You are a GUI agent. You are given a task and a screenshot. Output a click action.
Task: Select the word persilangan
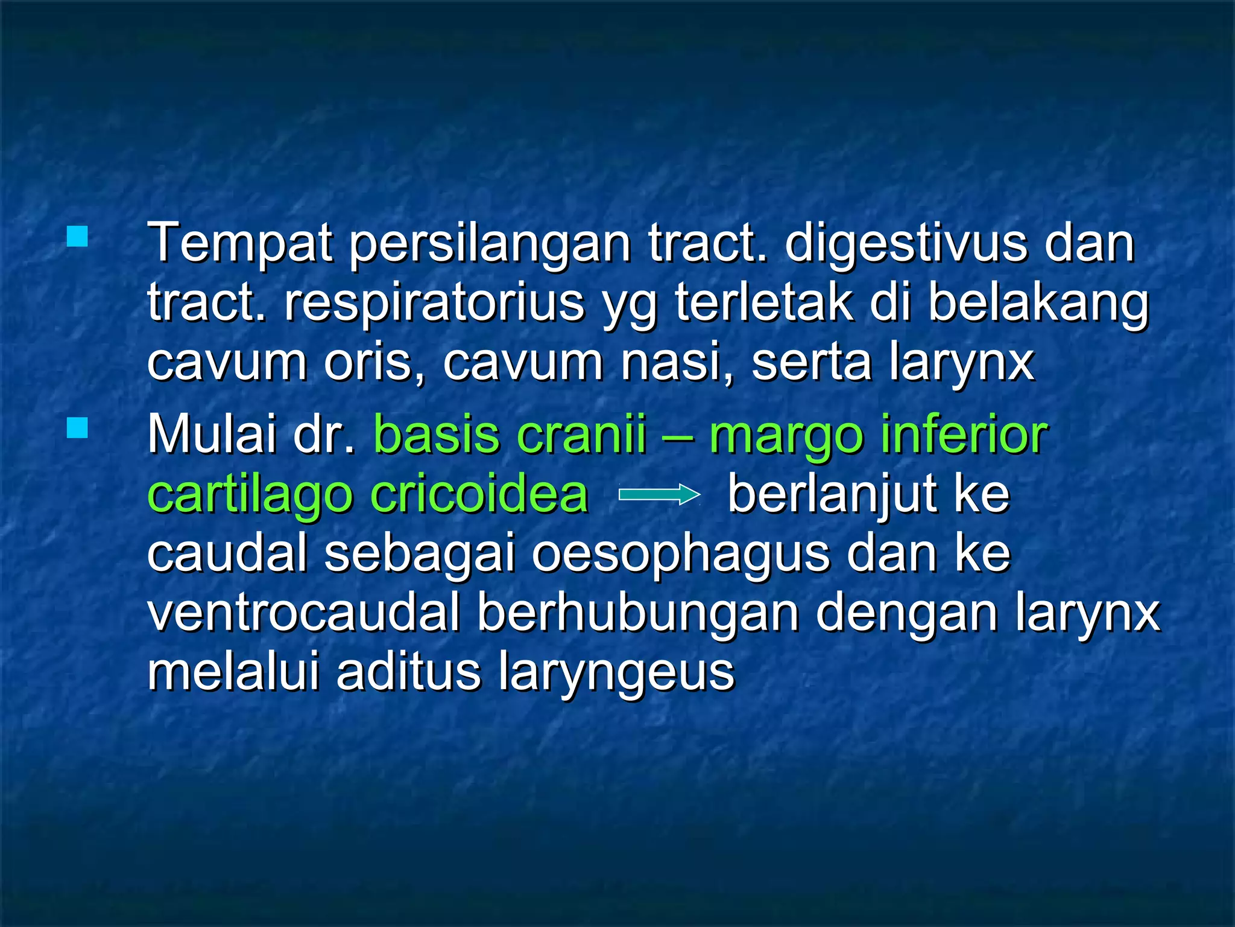coord(490,244)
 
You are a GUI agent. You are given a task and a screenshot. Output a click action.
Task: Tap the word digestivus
coord(906,244)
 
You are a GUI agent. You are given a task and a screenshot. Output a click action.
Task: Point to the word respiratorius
coord(434,303)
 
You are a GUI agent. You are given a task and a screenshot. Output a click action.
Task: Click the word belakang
coord(1038,303)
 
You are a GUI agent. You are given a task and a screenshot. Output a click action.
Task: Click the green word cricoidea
coord(479,494)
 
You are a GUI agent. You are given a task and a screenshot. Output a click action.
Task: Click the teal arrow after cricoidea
coord(659,495)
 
